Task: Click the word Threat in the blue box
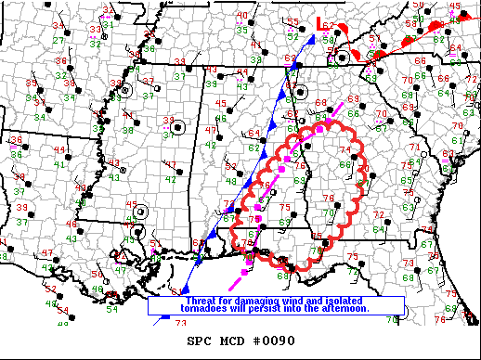pos(201,301)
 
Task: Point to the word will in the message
pos(239,308)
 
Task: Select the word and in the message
pos(314,301)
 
